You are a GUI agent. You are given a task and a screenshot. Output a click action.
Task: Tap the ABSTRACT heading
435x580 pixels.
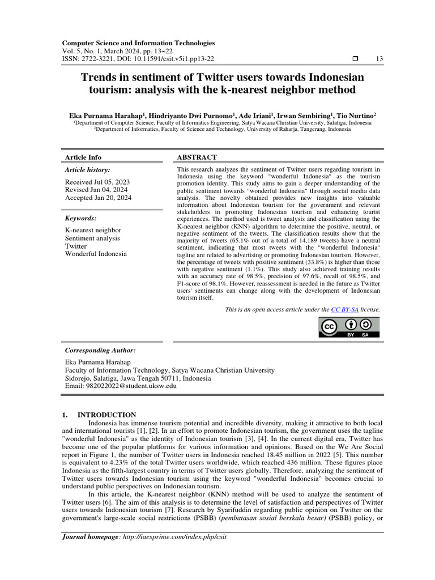197,157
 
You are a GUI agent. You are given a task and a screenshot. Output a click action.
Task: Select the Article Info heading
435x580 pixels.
83,157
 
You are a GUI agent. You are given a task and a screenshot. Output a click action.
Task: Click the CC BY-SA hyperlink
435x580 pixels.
346,310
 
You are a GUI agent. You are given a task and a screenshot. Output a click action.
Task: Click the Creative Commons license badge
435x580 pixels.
349,327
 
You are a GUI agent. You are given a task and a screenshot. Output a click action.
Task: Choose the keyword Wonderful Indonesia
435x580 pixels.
96,254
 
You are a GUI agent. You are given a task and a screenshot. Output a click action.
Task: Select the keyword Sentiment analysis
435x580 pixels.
92,238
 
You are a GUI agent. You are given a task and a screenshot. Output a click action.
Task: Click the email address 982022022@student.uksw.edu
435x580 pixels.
121,386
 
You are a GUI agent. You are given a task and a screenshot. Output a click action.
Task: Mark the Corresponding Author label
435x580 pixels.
100,351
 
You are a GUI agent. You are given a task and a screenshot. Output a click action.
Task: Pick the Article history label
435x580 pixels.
88,169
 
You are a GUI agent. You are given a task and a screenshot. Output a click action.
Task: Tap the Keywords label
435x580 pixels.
81,218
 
